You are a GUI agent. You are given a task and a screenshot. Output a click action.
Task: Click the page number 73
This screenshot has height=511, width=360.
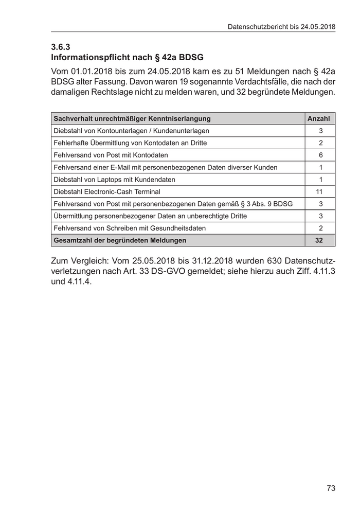point(331,487)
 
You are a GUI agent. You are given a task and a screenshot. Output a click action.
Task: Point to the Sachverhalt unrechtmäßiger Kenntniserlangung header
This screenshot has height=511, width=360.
point(132,118)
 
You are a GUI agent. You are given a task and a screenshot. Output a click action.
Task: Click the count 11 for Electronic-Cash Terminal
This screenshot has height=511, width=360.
point(320,191)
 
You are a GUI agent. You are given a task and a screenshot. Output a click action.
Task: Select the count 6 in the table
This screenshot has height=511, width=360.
point(320,155)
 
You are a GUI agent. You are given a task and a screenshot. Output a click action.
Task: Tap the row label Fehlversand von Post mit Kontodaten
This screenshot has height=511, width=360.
point(111,155)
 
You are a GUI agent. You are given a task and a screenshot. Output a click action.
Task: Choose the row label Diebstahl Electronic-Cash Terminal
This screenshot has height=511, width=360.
point(107,191)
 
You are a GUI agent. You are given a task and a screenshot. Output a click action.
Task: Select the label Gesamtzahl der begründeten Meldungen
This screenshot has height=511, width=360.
point(120,240)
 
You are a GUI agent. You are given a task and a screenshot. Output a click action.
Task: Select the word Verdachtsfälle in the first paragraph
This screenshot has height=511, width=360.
point(266,82)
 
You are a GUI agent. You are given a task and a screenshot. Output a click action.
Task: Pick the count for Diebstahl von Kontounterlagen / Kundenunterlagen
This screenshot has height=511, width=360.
point(320,131)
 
